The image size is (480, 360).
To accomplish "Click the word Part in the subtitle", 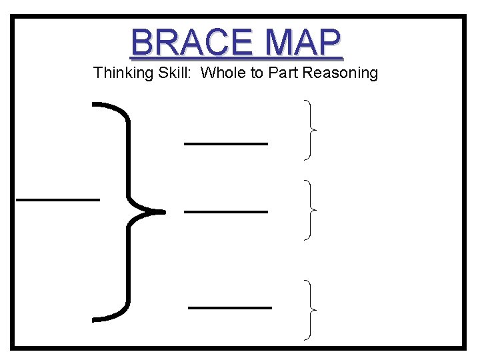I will [x=283, y=72].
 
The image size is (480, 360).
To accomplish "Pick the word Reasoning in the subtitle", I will [x=340, y=73].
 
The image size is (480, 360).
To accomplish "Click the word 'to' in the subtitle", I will [x=257, y=73].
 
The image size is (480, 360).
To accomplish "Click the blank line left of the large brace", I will [x=58, y=199].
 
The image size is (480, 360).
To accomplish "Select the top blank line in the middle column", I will [x=225, y=143].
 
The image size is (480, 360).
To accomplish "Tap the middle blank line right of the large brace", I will [x=225, y=211].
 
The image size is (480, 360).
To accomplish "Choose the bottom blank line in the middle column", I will [x=230, y=307].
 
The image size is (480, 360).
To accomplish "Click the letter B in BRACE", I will [x=143, y=42].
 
